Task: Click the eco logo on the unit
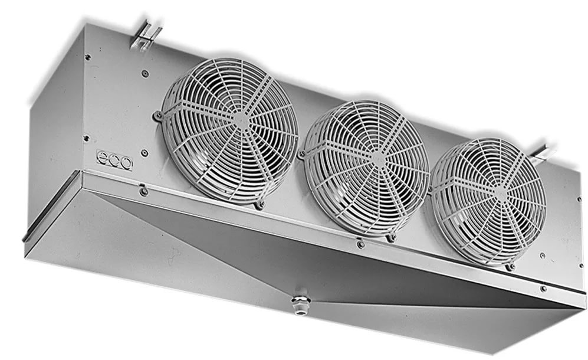click(x=115, y=160)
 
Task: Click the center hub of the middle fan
click(x=379, y=159)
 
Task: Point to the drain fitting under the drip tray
click(x=300, y=303)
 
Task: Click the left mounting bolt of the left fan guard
click(x=157, y=116)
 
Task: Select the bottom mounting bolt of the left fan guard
click(x=259, y=205)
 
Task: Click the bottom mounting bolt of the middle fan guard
click(x=392, y=237)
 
